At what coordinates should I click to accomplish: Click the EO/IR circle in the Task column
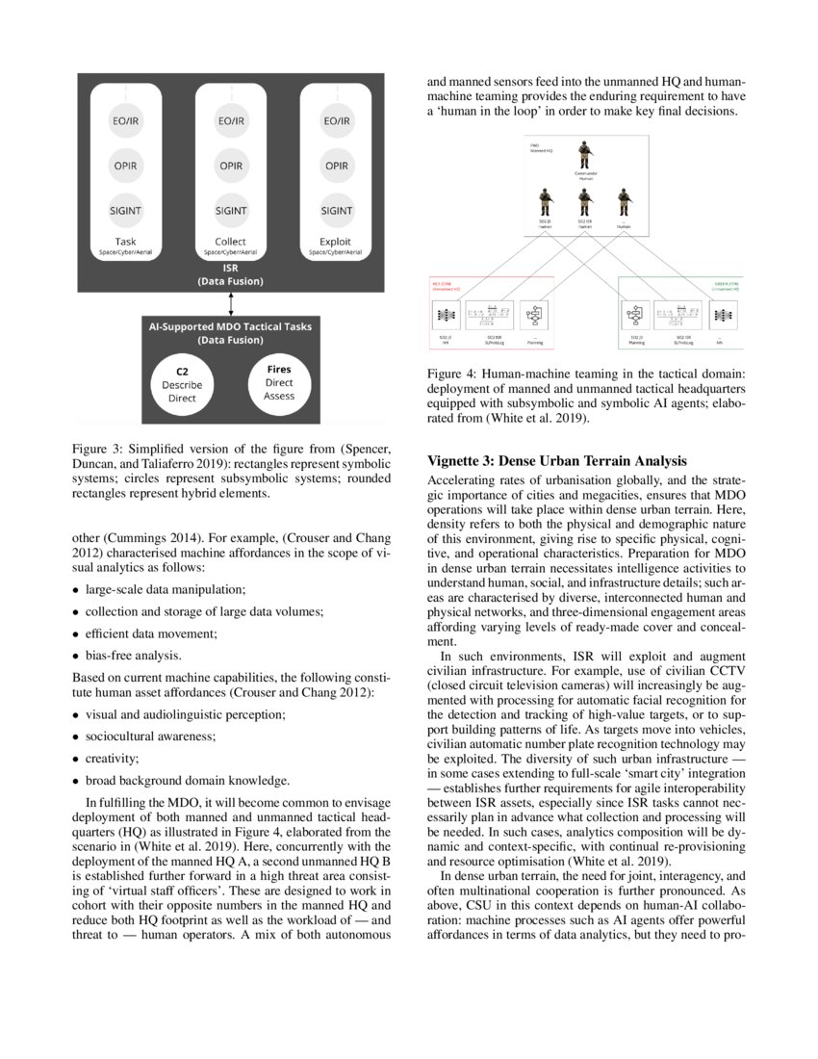click(125, 122)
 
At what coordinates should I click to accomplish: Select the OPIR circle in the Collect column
click(231, 166)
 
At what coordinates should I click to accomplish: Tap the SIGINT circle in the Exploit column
click(336, 210)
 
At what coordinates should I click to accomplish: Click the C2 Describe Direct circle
click(182, 383)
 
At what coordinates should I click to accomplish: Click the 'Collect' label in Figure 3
click(231, 241)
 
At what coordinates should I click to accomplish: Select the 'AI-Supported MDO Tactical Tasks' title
click(229, 327)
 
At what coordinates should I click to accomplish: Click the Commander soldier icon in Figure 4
click(583, 157)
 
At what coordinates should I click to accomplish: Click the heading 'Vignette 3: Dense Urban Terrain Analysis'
click(557, 459)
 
